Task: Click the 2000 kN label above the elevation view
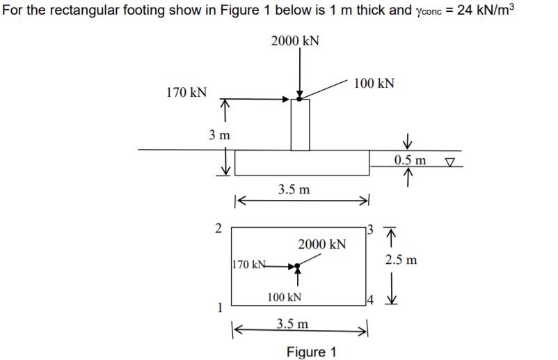pyautogui.click(x=295, y=40)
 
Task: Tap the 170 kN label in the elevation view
pyautogui.click(x=186, y=92)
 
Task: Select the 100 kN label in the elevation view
pyautogui.click(x=374, y=84)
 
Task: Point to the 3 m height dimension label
pyautogui.click(x=220, y=135)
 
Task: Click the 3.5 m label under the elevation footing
pyautogui.click(x=294, y=189)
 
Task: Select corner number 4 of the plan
pyautogui.click(x=372, y=302)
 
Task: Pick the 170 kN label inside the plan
pyautogui.click(x=249, y=265)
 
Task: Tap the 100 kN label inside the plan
pyautogui.click(x=285, y=297)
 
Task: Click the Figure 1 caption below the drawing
pyautogui.click(x=310, y=351)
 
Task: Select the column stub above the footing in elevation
pyautogui.click(x=300, y=125)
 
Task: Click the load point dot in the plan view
pyautogui.click(x=297, y=266)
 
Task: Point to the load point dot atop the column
pyautogui.click(x=299, y=99)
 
